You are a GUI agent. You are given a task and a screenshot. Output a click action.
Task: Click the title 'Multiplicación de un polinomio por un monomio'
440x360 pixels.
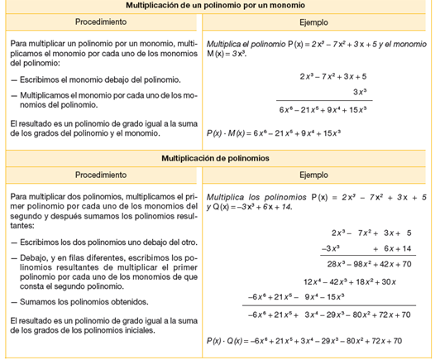pos(219,5)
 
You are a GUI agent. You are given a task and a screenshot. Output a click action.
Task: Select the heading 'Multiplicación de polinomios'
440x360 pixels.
pos(219,158)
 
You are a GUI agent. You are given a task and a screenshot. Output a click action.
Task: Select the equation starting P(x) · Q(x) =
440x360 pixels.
pos(304,341)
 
